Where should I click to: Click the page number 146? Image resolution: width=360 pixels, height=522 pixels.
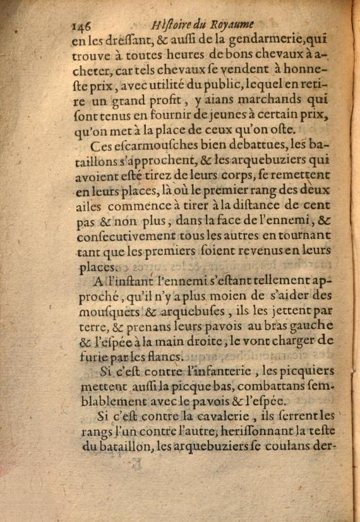(x=83, y=25)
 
